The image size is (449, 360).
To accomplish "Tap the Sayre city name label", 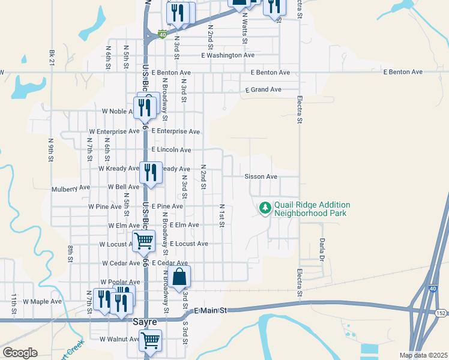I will (x=145, y=322).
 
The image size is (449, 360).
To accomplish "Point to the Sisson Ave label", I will (x=261, y=177).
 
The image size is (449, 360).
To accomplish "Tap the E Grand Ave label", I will (x=263, y=90).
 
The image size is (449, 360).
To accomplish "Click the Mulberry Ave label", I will (x=71, y=188).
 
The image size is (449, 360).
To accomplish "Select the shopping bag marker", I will (x=179, y=277).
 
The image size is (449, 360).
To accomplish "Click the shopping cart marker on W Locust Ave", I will (x=144, y=241).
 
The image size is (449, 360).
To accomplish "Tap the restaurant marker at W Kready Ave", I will (x=148, y=172).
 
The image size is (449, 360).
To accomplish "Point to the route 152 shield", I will (x=441, y=313).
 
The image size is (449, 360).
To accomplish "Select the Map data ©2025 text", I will (x=423, y=355).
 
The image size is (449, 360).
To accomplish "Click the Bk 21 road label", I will (x=52, y=53).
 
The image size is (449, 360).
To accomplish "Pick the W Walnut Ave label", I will (x=119, y=340).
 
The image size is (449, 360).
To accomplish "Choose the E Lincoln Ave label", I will (x=171, y=149).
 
